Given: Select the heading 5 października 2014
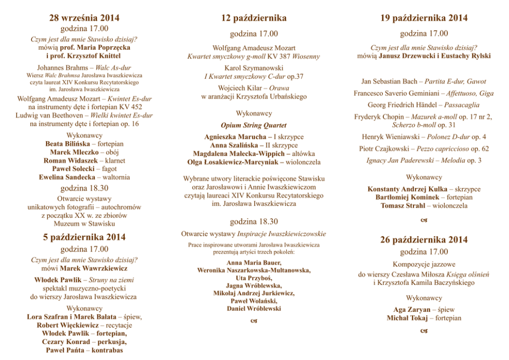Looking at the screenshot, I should coord(84,237).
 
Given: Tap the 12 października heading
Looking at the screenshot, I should coord(253,18).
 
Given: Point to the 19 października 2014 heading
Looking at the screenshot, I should coord(424,18).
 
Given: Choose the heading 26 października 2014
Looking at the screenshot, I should coord(424,240).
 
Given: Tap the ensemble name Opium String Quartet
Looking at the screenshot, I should coord(253,125).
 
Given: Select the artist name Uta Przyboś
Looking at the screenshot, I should coord(253,278).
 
